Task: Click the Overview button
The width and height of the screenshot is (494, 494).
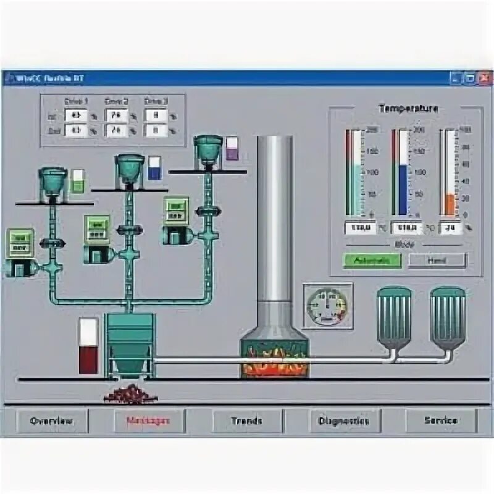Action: tap(52, 421)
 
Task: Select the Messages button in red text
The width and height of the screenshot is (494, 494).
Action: tap(148, 421)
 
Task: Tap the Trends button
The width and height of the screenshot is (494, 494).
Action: tap(246, 421)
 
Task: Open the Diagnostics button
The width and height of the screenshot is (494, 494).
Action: tap(343, 421)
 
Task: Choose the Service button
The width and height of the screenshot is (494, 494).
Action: tap(441, 421)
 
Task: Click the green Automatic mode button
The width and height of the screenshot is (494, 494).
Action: tap(372, 260)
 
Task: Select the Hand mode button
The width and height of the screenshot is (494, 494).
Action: tap(437, 260)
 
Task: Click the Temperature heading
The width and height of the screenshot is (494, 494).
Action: tap(408, 109)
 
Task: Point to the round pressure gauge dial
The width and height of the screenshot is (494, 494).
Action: tap(327, 306)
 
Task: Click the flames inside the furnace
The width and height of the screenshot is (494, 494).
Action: tap(274, 361)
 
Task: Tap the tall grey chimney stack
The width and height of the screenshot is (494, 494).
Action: tap(274, 216)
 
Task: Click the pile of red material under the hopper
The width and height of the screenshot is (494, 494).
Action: tap(130, 393)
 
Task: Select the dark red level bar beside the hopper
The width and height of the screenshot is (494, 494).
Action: tap(88, 359)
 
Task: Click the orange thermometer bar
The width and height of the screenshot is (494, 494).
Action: tap(450, 204)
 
